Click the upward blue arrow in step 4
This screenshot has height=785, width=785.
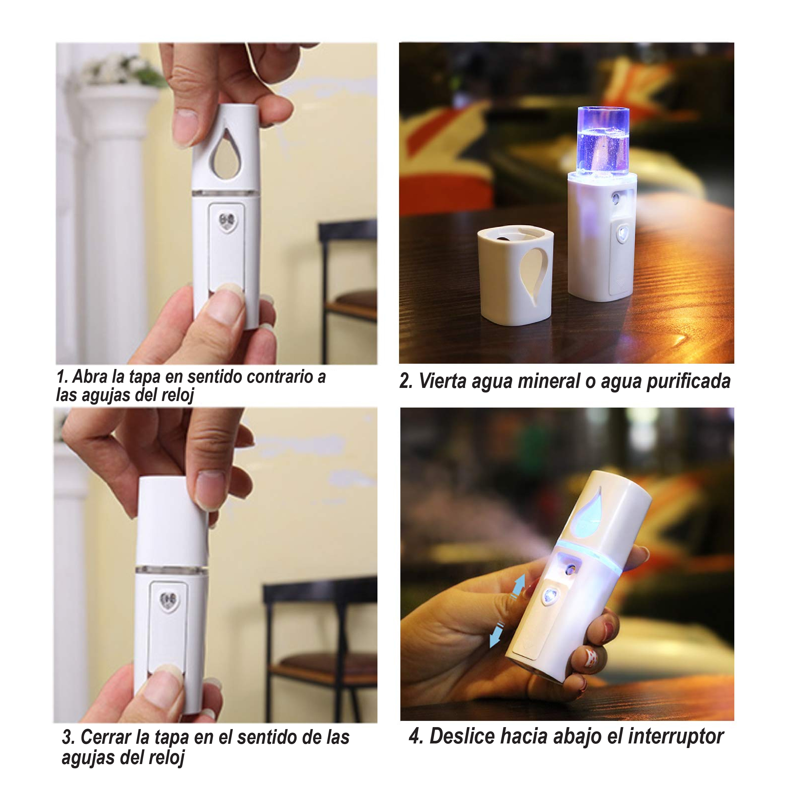point(519,585)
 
